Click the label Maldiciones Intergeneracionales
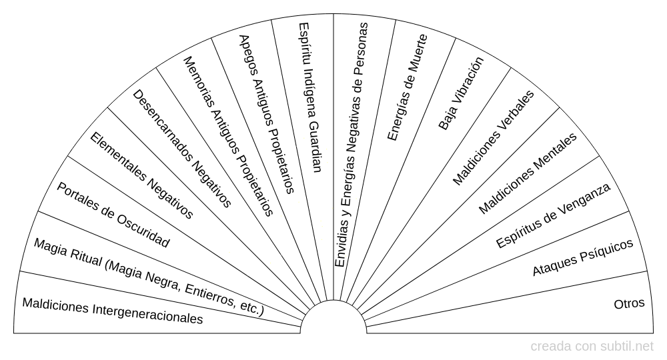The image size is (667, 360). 112,311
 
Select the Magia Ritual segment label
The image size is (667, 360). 149,277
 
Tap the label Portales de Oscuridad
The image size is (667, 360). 113,215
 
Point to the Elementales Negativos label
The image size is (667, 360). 141,175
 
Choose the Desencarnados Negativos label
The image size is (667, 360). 182,149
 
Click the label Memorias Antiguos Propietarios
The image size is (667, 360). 228,136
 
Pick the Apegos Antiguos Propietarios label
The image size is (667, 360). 267,114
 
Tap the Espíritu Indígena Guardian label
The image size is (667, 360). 309,97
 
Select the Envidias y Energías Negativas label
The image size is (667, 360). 352,145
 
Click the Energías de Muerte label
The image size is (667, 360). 407,87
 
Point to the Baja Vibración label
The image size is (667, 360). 461,93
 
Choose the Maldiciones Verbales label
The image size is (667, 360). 494,138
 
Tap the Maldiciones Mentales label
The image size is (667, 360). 528,173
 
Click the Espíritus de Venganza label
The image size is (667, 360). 554,215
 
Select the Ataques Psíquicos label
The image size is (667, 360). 583,257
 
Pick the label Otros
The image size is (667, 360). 629,303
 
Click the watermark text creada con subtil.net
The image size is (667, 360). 592,347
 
